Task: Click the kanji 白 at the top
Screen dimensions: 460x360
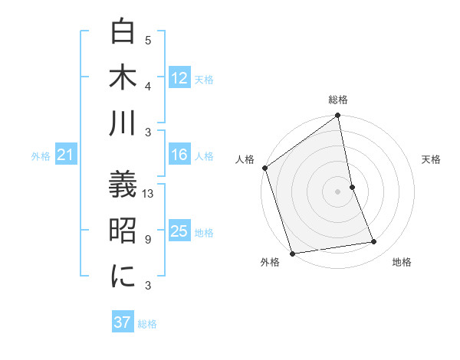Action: pyautogui.click(x=123, y=31)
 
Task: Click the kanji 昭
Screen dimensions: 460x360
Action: pyautogui.click(x=123, y=231)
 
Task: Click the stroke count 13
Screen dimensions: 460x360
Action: pyautogui.click(x=149, y=194)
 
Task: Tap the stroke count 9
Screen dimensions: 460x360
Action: pyautogui.click(x=148, y=240)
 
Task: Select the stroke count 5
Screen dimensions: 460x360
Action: pyautogui.click(x=148, y=41)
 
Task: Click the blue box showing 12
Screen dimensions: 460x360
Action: pyautogui.click(x=179, y=78)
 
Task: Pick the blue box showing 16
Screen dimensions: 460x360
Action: pyautogui.click(x=179, y=155)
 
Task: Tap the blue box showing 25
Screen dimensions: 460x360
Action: pyautogui.click(x=179, y=232)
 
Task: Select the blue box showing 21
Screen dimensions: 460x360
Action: pyautogui.click(x=65, y=155)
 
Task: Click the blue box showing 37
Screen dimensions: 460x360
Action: pyautogui.click(x=123, y=322)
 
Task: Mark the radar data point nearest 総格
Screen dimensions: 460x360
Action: pyautogui.click(x=338, y=116)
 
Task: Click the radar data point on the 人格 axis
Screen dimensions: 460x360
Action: pyautogui.click(x=264, y=168)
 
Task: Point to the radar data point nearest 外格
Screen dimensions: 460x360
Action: pyautogui.click(x=292, y=254)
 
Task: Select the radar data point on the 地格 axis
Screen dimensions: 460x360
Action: pyautogui.click(x=374, y=242)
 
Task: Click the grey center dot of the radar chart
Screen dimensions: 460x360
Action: pyautogui.click(x=338, y=191)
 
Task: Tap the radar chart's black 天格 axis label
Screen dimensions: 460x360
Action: pyautogui.click(x=432, y=159)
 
